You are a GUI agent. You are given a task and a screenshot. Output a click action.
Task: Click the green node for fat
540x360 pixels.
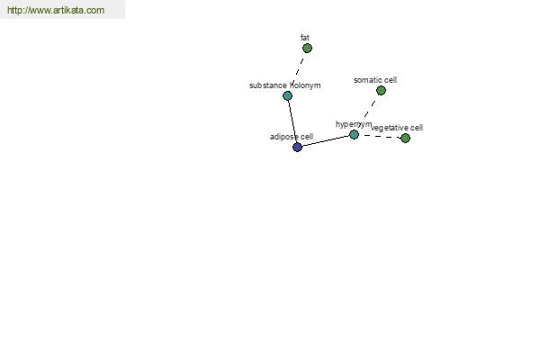pos(307,49)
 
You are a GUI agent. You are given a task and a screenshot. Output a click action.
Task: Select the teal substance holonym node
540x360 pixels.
pos(288,95)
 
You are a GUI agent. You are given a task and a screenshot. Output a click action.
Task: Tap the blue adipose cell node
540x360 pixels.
pos(297,147)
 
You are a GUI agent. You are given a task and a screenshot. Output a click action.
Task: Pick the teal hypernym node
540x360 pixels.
pos(354,134)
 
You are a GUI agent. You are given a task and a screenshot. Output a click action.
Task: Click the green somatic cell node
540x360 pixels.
pos(381,91)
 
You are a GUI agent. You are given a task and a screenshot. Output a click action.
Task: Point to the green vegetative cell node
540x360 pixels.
pos(405,138)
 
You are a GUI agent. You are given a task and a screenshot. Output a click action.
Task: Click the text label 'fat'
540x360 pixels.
pos(305,37)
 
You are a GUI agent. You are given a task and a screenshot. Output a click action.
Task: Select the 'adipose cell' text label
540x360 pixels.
pos(292,137)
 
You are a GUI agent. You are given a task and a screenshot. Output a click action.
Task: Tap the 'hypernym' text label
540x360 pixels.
pos(354,124)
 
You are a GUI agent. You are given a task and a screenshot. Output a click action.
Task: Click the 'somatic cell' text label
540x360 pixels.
pos(375,80)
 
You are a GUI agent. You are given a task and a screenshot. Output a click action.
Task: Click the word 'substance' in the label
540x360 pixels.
pos(268,85)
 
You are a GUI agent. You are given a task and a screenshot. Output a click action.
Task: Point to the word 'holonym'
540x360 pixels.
pos(305,85)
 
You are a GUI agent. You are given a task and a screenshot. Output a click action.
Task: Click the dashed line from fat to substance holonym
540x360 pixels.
pos(298,69)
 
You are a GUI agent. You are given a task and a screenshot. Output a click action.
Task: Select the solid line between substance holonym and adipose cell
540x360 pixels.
pos(292,121)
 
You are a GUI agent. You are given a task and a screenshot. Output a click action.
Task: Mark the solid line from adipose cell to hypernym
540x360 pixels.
pos(326,141)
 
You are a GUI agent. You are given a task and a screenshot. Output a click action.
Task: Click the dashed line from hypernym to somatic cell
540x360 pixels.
pos(367,112)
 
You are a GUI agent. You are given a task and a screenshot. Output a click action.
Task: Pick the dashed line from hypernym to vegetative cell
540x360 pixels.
pos(380,137)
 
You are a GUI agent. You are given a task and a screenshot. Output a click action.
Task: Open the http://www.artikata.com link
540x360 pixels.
pos(56,10)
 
